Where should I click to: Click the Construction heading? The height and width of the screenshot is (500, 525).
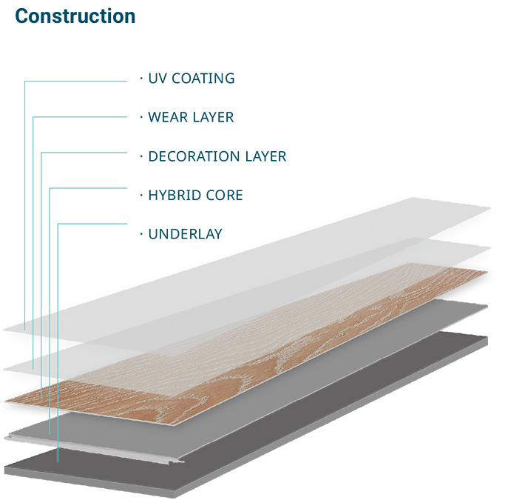(x=75, y=16)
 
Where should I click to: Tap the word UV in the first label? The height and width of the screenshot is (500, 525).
(x=157, y=78)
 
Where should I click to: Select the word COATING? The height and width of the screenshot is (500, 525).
(x=203, y=78)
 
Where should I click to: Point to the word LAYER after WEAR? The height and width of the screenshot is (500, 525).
(x=213, y=117)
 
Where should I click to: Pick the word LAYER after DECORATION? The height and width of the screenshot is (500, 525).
(x=266, y=156)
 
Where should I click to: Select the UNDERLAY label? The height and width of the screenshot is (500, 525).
(x=185, y=234)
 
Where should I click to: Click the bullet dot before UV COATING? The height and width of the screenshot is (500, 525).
(x=140, y=78)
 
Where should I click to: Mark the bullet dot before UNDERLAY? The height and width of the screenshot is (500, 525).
(x=140, y=234)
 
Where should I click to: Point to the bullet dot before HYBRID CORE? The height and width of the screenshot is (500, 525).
(x=140, y=196)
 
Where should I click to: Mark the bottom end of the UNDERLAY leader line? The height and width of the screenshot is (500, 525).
(x=58, y=461)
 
